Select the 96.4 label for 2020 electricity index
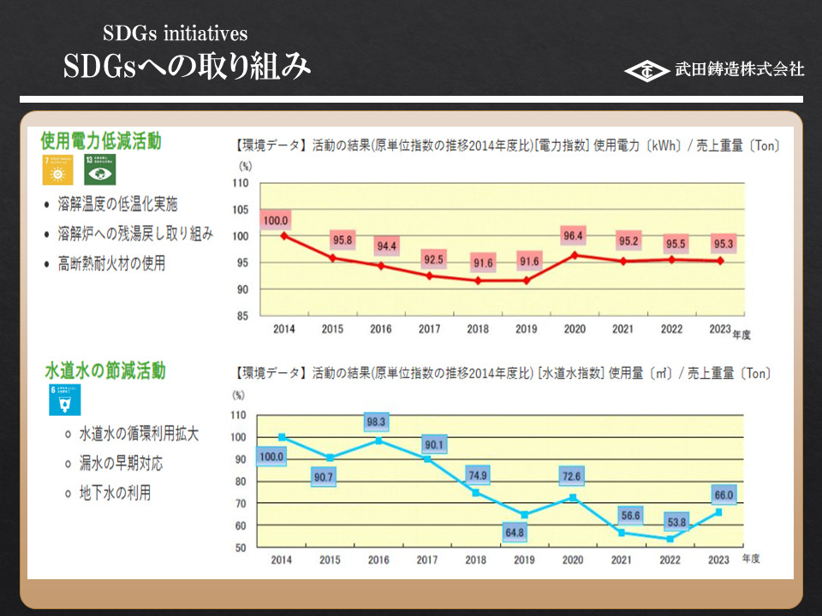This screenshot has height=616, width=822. pos(572,235)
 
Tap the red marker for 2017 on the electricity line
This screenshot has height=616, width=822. pos(429,275)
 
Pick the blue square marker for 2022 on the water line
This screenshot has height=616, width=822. pos(670,539)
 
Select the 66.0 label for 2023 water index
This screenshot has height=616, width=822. pos(724,495)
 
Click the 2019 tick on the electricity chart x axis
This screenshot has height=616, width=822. pos(526,329)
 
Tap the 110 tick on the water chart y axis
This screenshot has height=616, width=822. pos(239,415)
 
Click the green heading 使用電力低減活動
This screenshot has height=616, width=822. pos(101,140)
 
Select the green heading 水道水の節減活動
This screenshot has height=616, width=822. pos(104,370)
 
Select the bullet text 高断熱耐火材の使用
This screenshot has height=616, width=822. pos(111,264)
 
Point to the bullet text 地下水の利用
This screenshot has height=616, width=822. pos(115,493)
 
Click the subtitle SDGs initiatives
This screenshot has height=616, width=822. pos(175,33)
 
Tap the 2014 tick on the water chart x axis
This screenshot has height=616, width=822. pos(282,559)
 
